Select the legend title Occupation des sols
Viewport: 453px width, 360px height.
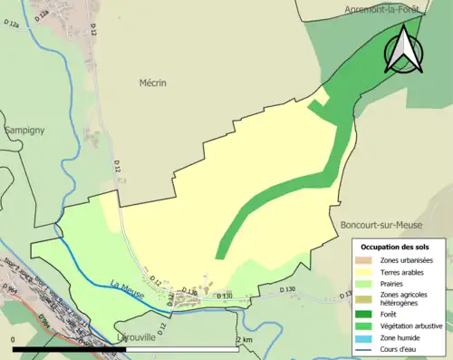395,246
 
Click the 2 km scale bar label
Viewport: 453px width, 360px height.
244,339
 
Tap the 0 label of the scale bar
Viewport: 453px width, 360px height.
14,339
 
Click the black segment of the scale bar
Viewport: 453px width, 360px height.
69,348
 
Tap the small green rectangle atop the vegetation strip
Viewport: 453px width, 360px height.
316,107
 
